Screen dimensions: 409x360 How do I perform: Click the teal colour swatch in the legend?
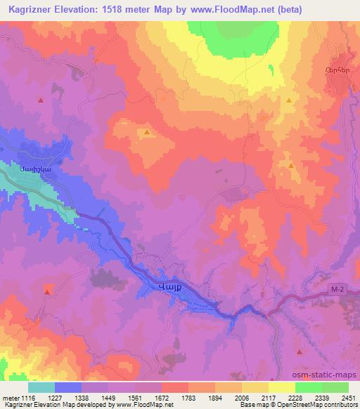(x=41, y=387)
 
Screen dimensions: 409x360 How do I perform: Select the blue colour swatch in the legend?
(x=68, y=387)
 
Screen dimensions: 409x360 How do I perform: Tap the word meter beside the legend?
(x=10, y=397)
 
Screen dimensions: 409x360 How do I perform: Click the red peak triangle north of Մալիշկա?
(x=41, y=100)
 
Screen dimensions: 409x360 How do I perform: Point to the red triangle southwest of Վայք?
(x=48, y=289)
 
